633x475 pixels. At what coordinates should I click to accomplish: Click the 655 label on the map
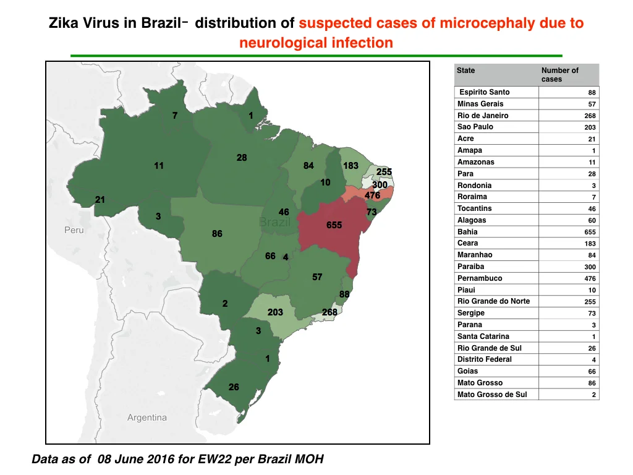point(334,225)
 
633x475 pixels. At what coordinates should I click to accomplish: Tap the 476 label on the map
point(372,195)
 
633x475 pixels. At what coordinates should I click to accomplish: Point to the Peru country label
point(74,230)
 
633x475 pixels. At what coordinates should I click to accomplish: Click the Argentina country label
point(147,417)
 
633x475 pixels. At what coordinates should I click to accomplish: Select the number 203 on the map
point(275,312)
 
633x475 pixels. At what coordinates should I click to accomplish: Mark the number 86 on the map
point(217,233)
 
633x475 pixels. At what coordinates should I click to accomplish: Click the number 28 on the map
point(242,158)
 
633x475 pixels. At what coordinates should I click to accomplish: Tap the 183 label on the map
point(350,166)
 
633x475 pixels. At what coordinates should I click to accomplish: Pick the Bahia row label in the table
point(467,232)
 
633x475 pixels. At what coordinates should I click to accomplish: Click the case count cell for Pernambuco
point(590,279)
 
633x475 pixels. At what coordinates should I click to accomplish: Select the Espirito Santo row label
point(485,92)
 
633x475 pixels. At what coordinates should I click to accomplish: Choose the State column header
point(466,71)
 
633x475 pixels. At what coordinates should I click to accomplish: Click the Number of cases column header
point(560,75)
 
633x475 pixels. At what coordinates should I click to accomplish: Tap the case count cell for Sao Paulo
point(590,127)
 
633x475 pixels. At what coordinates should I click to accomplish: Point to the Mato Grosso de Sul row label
point(492,395)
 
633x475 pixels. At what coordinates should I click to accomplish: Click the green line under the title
point(316,56)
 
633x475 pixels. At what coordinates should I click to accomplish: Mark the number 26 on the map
point(234,387)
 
